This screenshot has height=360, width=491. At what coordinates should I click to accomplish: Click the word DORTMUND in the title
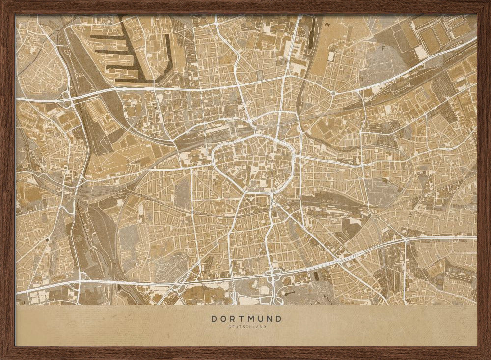[x=246, y=318]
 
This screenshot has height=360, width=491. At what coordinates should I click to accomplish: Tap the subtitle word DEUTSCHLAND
[x=246, y=326]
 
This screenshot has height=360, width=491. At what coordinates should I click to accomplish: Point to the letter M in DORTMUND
[x=252, y=318]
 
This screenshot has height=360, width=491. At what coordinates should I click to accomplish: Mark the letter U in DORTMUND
[x=261, y=318]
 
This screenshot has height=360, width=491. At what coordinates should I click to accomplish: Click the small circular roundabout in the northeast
[x=333, y=93]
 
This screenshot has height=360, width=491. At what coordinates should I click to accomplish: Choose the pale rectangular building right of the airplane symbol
[x=420, y=52]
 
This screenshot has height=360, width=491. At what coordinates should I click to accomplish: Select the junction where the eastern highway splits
[x=406, y=241]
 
